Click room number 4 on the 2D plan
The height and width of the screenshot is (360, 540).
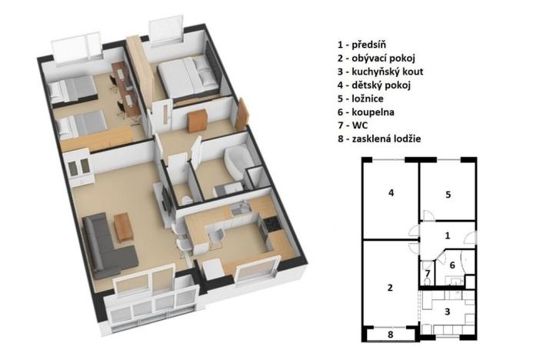[392, 192]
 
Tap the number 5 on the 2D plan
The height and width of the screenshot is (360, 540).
[448, 195]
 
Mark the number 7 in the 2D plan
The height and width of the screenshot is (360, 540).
[428, 273]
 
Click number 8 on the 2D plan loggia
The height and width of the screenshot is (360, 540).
[390, 335]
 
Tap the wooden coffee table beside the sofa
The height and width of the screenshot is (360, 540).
[122, 226]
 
